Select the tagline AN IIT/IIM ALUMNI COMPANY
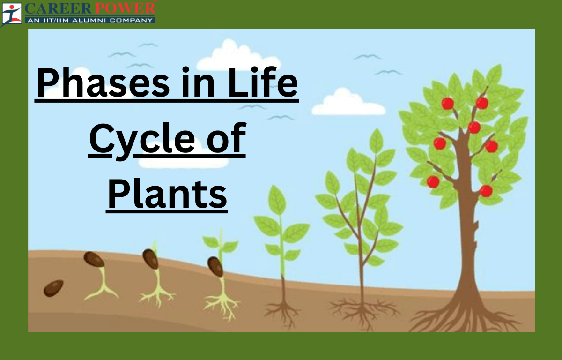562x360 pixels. [90, 20]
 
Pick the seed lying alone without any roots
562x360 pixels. [53, 288]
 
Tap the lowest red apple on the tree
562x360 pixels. [486, 191]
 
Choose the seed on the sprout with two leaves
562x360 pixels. [215, 266]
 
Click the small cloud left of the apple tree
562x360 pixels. [347, 105]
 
